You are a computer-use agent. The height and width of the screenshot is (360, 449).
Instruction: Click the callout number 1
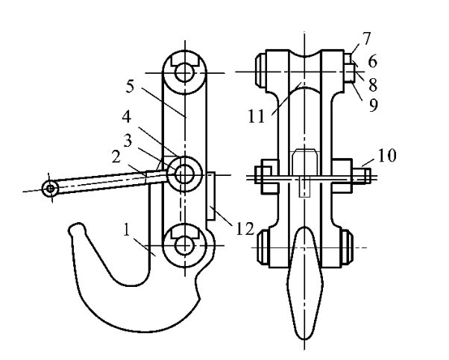tap(126, 230)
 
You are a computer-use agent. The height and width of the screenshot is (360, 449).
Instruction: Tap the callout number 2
tap(116, 157)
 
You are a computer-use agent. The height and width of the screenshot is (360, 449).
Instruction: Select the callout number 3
tap(128, 141)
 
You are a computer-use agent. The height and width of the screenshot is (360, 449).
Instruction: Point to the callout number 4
tap(126, 117)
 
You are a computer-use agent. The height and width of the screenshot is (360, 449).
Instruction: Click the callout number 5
tap(130, 86)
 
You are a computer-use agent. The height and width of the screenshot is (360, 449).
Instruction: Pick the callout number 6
tap(372, 62)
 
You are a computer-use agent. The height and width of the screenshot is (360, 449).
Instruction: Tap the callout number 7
tap(366, 38)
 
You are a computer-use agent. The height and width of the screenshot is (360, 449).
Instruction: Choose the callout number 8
tap(372, 85)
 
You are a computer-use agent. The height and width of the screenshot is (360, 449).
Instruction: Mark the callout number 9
tap(373, 105)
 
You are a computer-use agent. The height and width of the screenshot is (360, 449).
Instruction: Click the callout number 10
tap(387, 155)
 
